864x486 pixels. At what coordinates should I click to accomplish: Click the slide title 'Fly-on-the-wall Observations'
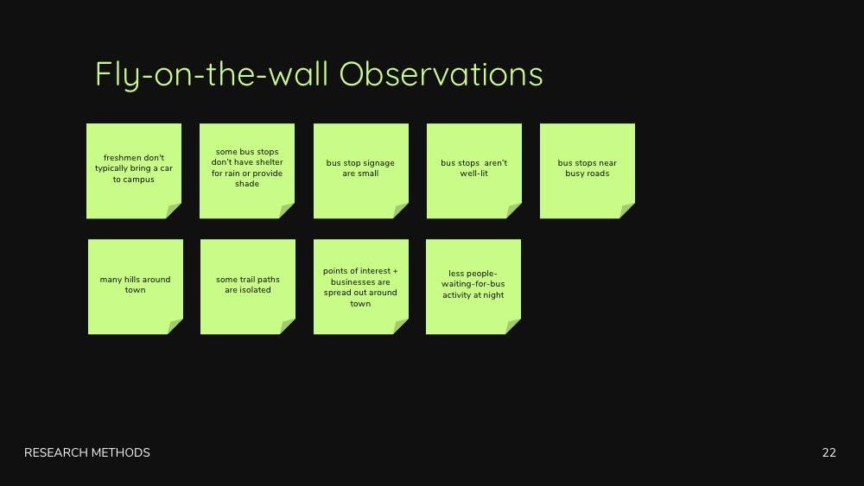[x=319, y=75]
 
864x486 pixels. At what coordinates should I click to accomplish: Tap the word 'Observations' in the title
[x=441, y=73]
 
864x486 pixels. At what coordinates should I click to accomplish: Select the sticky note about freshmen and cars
[x=134, y=171]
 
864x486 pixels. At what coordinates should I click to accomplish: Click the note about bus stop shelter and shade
[x=247, y=171]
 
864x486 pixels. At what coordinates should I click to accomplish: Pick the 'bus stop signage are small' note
[x=361, y=171]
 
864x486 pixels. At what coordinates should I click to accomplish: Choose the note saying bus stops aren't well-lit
[x=473, y=171]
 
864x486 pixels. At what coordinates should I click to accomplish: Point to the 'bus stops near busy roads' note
[x=588, y=171]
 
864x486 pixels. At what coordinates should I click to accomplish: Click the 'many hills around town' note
[x=136, y=287]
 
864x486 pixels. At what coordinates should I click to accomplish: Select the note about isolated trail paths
[x=248, y=287]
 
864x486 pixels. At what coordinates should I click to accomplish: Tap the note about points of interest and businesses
[x=361, y=287]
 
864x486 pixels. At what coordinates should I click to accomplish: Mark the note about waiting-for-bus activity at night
[x=473, y=287]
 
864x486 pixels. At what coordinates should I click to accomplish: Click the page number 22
[x=829, y=452]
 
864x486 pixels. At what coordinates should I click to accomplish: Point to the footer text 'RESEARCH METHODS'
[x=87, y=452]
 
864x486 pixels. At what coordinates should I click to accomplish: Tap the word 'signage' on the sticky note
[x=378, y=163]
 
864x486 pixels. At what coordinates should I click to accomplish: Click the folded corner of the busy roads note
[x=626, y=211]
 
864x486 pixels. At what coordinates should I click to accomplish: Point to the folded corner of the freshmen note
[x=173, y=211]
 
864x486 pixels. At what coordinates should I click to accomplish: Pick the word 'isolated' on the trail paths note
[x=255, y=290]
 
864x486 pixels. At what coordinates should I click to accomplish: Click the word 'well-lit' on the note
[x=473, y=174]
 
